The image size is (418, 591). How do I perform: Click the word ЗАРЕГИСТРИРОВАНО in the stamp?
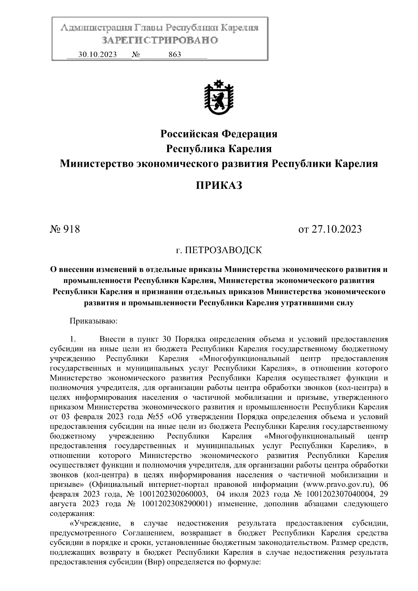click(x=160, y=40)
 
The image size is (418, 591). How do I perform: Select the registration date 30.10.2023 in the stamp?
click(x=98, y=55)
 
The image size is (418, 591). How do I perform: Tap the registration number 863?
click(x=175, y=55)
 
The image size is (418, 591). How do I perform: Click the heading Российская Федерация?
click(x=219, y=134)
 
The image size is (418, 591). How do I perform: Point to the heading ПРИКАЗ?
click(x=219, y=185)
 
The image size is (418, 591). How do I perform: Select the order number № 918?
click(x=65, y=230)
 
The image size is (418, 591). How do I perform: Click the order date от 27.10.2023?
click(x=330, y=230)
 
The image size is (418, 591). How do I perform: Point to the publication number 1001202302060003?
click(x=174, y=494)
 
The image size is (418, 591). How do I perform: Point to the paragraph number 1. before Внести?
click(x=73, y=339)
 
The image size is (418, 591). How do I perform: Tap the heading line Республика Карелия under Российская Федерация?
click(x=219, y=149)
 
